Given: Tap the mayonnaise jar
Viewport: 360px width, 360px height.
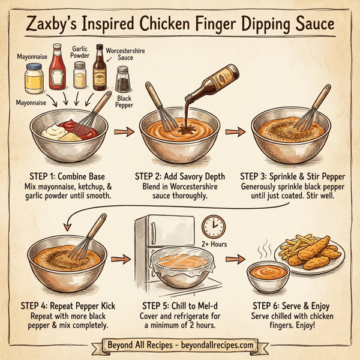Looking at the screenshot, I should point(34,78).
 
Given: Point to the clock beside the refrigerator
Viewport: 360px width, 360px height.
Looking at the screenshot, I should point(214,226).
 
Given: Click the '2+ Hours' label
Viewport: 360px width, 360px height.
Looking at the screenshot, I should point(214,245).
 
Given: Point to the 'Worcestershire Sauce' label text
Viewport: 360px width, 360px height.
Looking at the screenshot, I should point(128,55).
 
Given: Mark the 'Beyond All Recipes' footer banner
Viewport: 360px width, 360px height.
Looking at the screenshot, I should point(179,346).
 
